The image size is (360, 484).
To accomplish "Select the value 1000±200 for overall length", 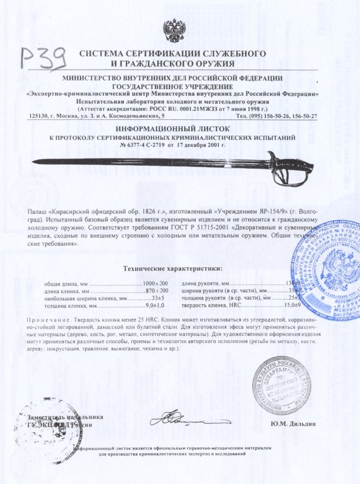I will point(155,284).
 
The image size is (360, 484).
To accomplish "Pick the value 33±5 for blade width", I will point(157,298).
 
